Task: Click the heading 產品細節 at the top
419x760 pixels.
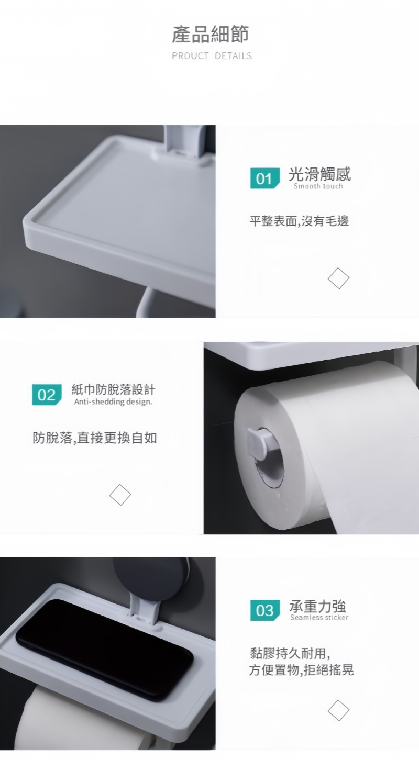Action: (x=211, y=34)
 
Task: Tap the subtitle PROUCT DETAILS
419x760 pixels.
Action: (x=212, y=56)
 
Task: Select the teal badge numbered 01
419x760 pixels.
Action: (x=265, y=178)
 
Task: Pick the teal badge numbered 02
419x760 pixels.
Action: (x=47, y=395)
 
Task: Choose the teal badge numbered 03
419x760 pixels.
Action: (x=265, y=610)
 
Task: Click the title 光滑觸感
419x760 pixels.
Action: (x=319, y=174)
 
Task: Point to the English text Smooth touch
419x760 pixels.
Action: (x=318, y=186)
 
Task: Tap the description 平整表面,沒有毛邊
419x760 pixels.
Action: (x=299, y=221)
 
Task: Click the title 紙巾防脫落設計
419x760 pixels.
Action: (x=113, y=390)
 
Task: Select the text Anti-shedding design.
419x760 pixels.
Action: (x=113, y=401)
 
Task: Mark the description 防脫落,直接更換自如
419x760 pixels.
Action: (x=95, y=438)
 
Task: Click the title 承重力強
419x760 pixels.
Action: (x=318, y=606)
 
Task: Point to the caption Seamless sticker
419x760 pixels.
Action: (x=319, y=618)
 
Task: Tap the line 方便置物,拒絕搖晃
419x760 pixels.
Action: (x=301, y=670)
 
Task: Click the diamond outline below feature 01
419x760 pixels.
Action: (x=338, y=278)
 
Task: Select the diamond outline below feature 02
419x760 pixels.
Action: (x=120, y=495)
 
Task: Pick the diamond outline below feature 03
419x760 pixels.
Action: (x=338, y=710)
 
